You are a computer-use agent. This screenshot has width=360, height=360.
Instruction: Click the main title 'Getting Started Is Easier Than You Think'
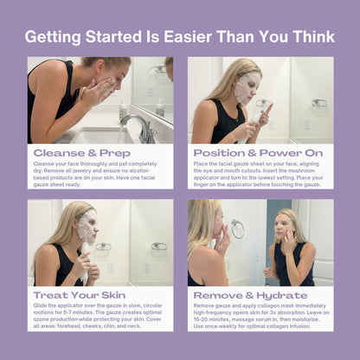coord(180,37)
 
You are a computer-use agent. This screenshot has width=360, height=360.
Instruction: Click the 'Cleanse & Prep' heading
coord(70,152)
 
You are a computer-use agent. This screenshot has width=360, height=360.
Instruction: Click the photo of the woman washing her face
coord(100,100)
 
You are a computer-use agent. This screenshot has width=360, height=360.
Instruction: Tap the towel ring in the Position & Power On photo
coord(319,102)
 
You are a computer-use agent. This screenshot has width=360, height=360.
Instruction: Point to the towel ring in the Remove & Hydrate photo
coord(237,228)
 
